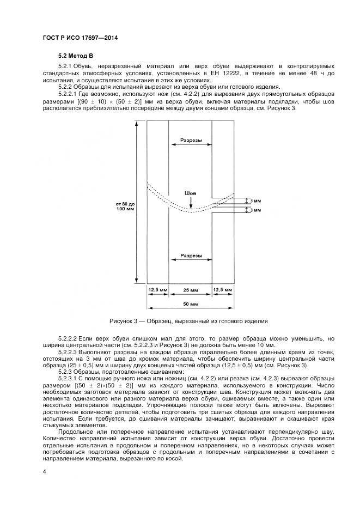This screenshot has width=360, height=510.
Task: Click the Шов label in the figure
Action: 190,193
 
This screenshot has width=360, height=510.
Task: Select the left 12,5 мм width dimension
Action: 158,289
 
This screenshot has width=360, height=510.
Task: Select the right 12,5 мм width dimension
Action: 223,289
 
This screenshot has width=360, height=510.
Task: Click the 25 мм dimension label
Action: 190,289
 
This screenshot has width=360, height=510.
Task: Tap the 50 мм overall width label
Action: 190,303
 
